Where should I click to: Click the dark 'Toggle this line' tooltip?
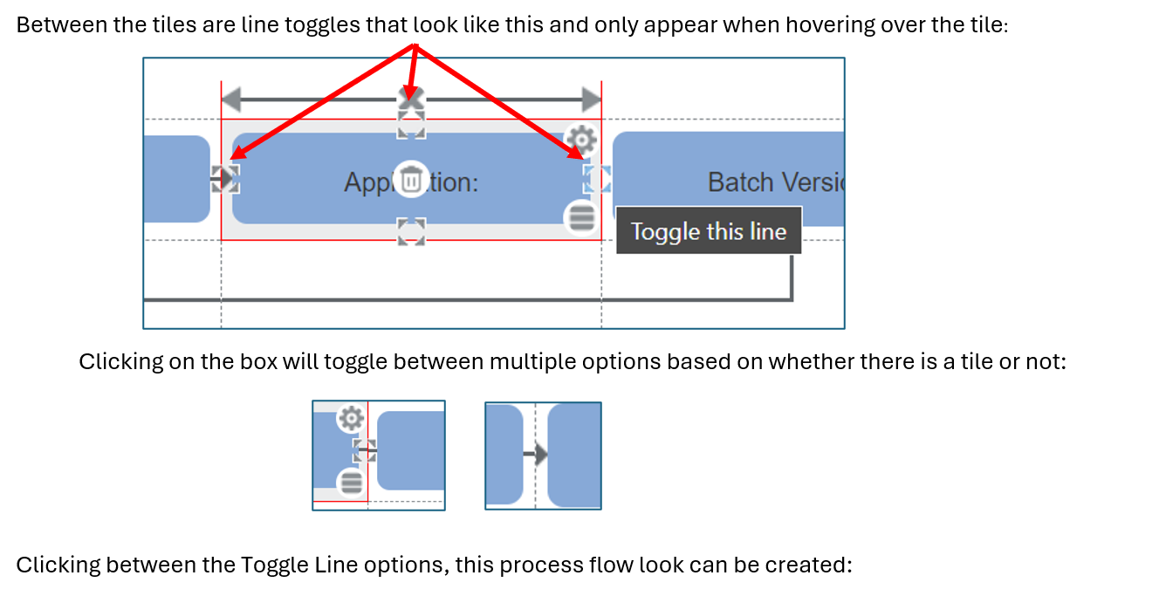(x=708, y=231)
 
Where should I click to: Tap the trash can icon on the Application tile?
(x=411, y=180)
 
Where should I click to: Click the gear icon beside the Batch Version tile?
(x=581, y=138)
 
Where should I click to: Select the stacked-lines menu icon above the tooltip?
(x=581, y=217)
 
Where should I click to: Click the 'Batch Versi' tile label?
(x=775, y=182)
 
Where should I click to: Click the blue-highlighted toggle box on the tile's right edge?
(x=597, y=179)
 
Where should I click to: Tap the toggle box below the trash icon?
(x=411, y=231)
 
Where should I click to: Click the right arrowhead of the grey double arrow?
(x=591, y=99)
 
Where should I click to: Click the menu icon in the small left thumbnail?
(x=351, y=482)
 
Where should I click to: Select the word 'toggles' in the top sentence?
(x=326, y=24)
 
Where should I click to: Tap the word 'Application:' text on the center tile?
(x=411, y=182)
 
